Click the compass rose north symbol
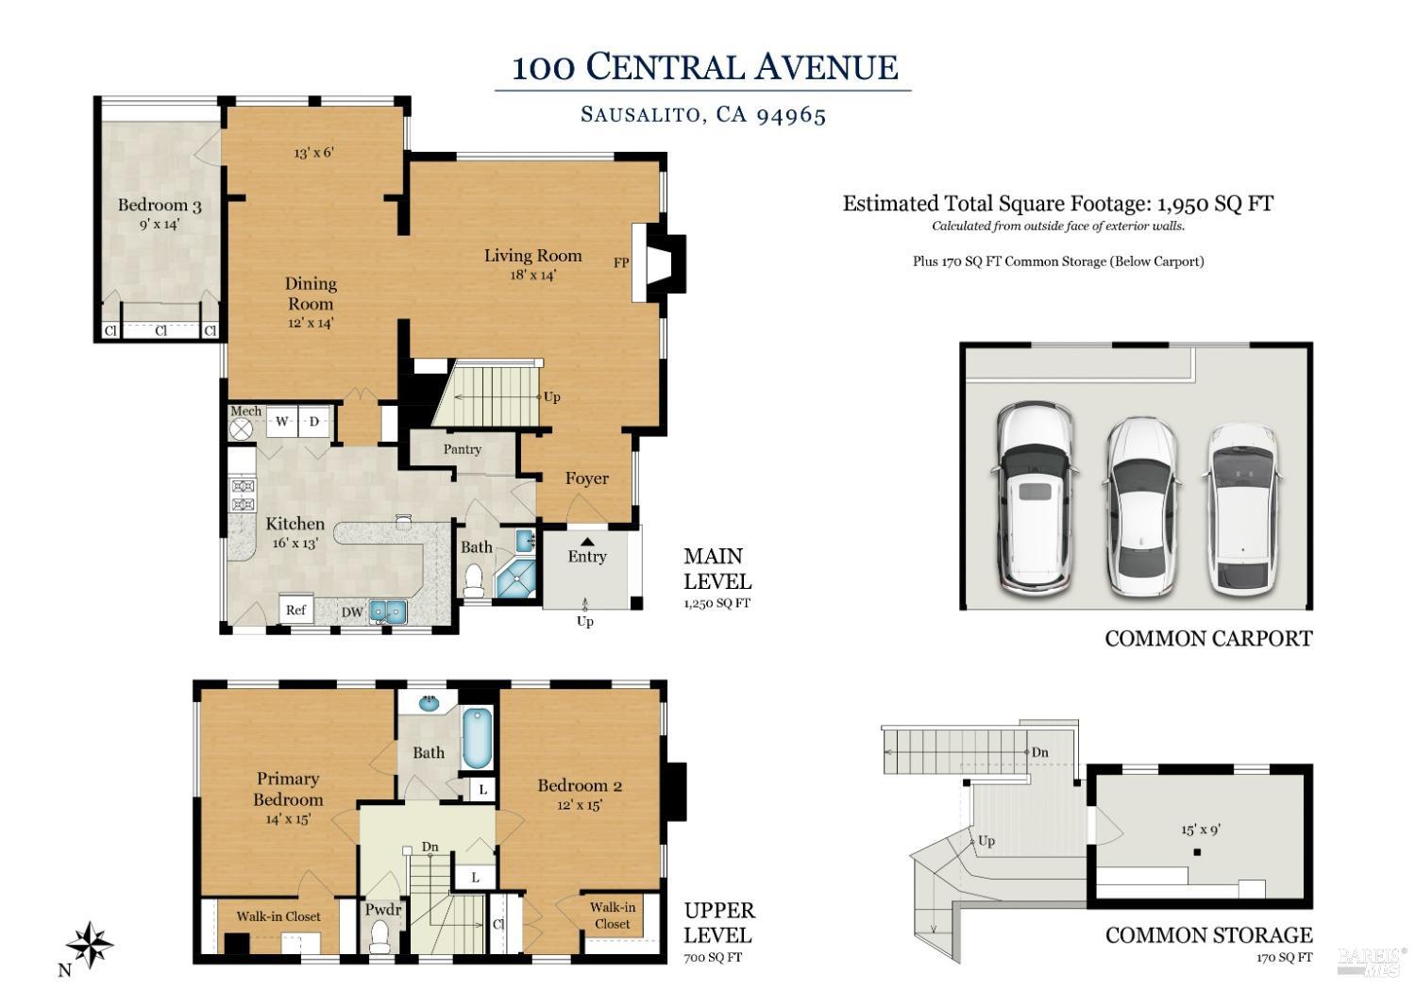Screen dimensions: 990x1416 (89, 943)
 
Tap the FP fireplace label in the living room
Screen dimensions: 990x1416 (621, 263)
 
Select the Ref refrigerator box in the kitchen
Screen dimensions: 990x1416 (295, 610)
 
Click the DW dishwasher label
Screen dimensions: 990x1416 (352, 612)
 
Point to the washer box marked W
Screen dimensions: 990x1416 (281, 422)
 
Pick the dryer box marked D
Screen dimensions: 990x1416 (313, 422)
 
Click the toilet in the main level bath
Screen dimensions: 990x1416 (474, 579)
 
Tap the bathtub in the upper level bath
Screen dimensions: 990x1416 (477, 739)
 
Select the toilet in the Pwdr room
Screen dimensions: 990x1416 (380, 936)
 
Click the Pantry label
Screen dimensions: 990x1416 (463, 449)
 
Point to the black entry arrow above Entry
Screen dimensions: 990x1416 (587, 541)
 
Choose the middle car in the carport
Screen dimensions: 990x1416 (1140, 505)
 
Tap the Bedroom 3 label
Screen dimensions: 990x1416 (160, 205)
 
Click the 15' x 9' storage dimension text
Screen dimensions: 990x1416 (1201, 830)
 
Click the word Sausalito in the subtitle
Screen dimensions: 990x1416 (640, 115)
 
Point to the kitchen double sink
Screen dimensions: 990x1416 (388, 612)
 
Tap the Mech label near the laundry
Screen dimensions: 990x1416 (245, 411)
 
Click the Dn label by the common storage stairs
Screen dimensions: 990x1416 (1039, 752)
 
